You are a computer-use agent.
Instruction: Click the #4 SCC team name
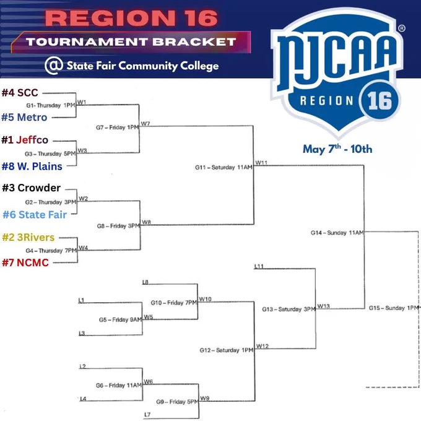[x=20, y=93]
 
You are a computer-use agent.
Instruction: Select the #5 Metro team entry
[x=24, y=118]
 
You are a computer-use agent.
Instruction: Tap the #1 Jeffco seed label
[x=25, y=140]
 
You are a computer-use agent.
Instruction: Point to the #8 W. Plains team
[x=32, y=167]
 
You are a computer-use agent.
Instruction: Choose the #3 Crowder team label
[x=31, y=188]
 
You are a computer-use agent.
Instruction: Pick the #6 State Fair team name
[x=35, y=215]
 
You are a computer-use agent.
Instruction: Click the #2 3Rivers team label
[x=28, y=237]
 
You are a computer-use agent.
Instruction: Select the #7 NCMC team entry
[x=25, y=263]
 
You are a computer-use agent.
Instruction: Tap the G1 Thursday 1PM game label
[x=51, y=105]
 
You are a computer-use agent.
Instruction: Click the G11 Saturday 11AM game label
[x=224, y=168]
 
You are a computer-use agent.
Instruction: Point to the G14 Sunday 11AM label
[x=337, y=233]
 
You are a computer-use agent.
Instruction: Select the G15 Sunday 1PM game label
[x=394, y=308]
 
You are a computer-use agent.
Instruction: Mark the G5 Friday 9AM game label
[x=120, y=320]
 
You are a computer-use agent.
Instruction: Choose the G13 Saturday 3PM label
[x=289, y=310]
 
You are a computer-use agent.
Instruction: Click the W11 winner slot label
[x=261, y=163]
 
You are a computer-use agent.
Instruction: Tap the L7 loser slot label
[x=147, y=415]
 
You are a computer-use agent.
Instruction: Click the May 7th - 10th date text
[x=337, y=149]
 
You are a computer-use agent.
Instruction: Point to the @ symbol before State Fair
[x=54, y=65]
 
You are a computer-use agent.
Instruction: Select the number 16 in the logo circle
[x=380, y=101]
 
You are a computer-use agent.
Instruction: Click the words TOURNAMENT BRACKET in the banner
[x=131, y=42]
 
